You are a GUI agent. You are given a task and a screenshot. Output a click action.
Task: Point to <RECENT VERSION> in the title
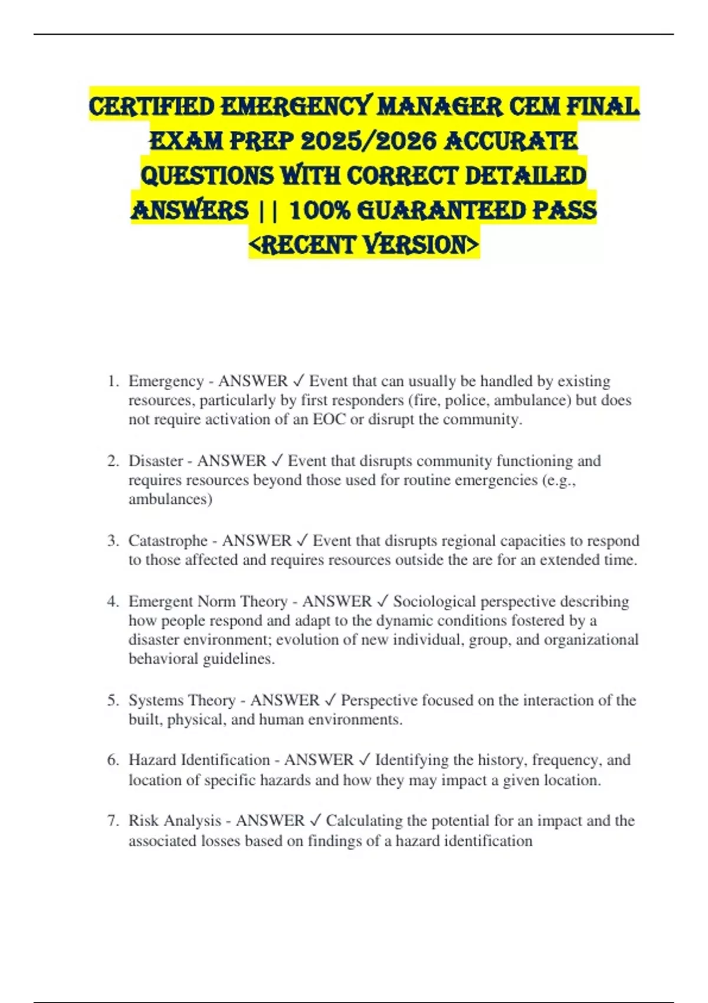364,244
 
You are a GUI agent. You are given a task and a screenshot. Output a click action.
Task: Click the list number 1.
112,382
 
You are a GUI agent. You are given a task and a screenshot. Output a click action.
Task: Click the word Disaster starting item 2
156,461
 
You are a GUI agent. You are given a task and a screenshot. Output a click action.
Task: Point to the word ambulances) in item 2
170,499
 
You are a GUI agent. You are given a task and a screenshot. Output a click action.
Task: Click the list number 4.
112,602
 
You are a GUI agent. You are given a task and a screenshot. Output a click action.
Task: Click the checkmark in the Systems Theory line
330,700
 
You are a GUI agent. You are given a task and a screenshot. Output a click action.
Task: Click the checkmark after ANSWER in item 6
364,760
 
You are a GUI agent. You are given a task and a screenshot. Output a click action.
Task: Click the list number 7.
112,821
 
